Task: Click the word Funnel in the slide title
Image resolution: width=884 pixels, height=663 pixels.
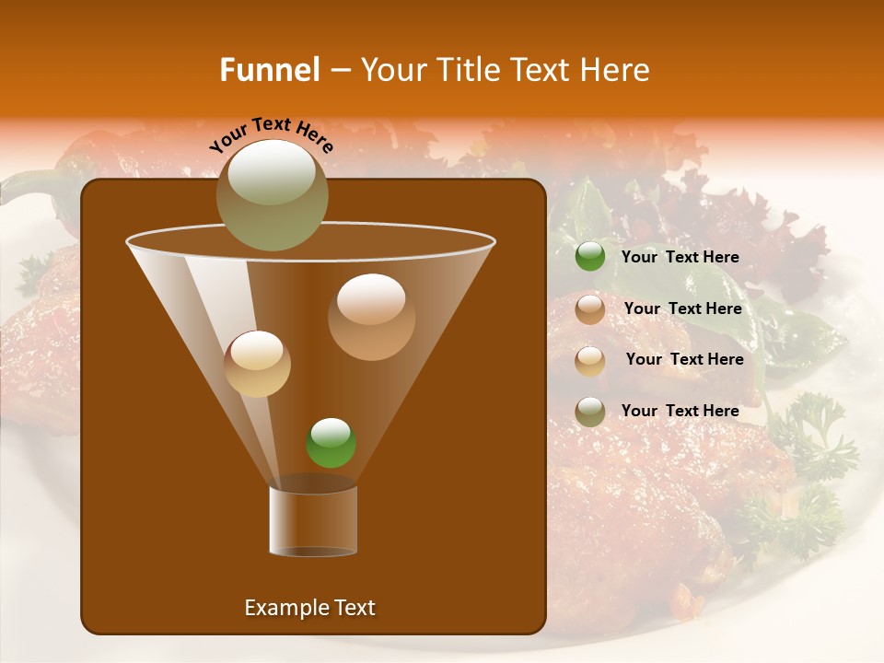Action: pos(269,70)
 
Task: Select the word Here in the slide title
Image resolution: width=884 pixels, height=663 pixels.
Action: pos(613,70)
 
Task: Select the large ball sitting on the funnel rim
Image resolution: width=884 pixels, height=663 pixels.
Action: pos(272,194)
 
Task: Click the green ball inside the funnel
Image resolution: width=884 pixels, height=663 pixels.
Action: pos(331,443)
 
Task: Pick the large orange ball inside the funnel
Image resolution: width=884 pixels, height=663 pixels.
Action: pos(371,316)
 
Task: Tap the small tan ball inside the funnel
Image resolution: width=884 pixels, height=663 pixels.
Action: pos(257,364)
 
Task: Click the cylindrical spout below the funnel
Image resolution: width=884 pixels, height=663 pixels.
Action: pos(313,521)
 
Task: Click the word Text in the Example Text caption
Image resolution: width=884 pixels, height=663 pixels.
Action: pos(354,608)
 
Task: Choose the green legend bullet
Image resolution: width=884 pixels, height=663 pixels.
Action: pos(590,257)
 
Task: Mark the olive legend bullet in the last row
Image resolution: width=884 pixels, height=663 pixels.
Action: pos(590,411)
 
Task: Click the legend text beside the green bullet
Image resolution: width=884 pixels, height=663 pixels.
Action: pos(680,257)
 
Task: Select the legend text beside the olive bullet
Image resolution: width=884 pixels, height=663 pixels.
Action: pos(680,411)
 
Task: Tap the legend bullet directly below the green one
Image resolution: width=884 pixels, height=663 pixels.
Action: pos(590,309)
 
